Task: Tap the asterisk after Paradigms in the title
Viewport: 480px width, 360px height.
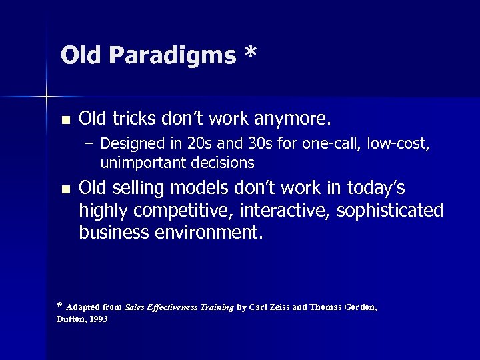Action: tap(249, 53)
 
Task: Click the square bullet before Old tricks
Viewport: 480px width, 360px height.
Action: tap(65, 121)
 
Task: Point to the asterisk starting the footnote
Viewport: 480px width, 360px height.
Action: tap(59, 307)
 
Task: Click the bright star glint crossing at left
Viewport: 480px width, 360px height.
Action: tap(47, 98)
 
